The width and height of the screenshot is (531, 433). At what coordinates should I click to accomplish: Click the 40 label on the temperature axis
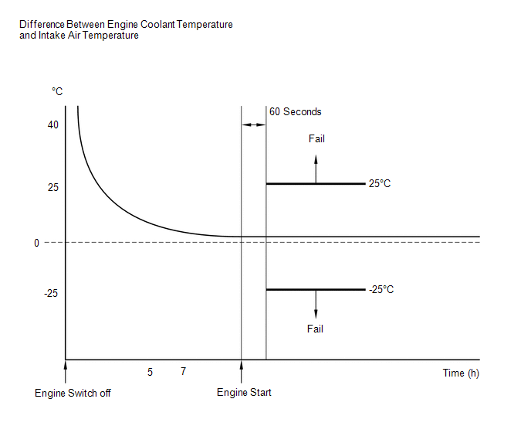pyautogui.click(x=52, y=124)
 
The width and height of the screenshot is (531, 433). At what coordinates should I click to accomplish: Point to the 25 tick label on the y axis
pyautogui.click(x=52, y=188)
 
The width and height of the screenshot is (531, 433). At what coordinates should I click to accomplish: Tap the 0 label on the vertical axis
pyautogui.click(x=36, y=243)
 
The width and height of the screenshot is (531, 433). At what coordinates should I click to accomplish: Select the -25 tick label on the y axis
pyautogui.click(x=50, y=293)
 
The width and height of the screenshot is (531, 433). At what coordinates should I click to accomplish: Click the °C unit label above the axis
pyautogui.click(x=57, y=92)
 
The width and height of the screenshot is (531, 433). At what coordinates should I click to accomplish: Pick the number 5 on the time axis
pyautogui.click(x=151, y=372)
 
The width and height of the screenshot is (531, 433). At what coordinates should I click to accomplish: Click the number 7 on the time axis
pyautogui.click(x=183, y=372)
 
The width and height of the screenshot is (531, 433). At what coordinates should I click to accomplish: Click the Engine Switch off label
pyautogui.click(x=73, y=393)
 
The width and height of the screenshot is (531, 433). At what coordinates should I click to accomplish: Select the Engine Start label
pyautogui.click(x=245, y=393)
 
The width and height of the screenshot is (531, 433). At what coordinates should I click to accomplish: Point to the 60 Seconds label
pyautogui.click(x=296, y=112)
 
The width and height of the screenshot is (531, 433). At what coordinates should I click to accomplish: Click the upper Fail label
pyautogui.click(x=316, y=139)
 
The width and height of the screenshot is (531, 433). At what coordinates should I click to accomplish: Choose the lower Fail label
pyautogui.click(x=315, y=329)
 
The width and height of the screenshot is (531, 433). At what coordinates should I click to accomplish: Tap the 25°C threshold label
pyautogui.click(x=380, y=184)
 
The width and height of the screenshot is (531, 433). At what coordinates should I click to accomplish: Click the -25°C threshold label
pyautogui.click(x=382, y=289)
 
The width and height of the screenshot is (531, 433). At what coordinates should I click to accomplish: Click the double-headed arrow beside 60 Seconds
pyautogui.click(x=254, y=124)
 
